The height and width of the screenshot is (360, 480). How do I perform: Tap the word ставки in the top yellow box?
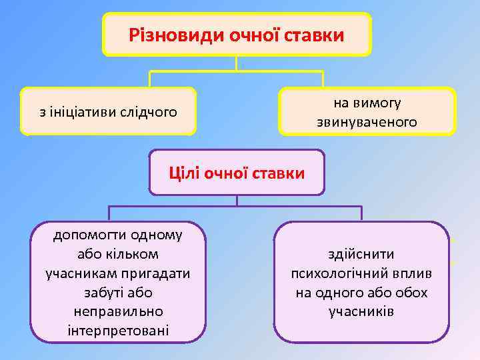pyautogui.click(x=315, y=34)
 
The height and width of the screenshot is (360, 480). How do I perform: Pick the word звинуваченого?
pyautogui.click(x=367, y=123)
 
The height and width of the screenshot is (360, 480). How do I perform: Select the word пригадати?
pyautogui.click(x=159, y=273)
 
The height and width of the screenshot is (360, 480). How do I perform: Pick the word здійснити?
pyautogui.click(x=361, y=254)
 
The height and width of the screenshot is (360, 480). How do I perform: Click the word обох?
pyautogui.click(x=411, y=292)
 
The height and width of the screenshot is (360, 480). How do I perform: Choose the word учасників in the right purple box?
pyautogui.click(x=361, y=311)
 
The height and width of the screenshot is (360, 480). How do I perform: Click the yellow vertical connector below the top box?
pyautogui.click(x=237, y=63)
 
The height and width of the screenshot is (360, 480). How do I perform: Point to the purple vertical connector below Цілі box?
pyautogui.click(x=237, y=201)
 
